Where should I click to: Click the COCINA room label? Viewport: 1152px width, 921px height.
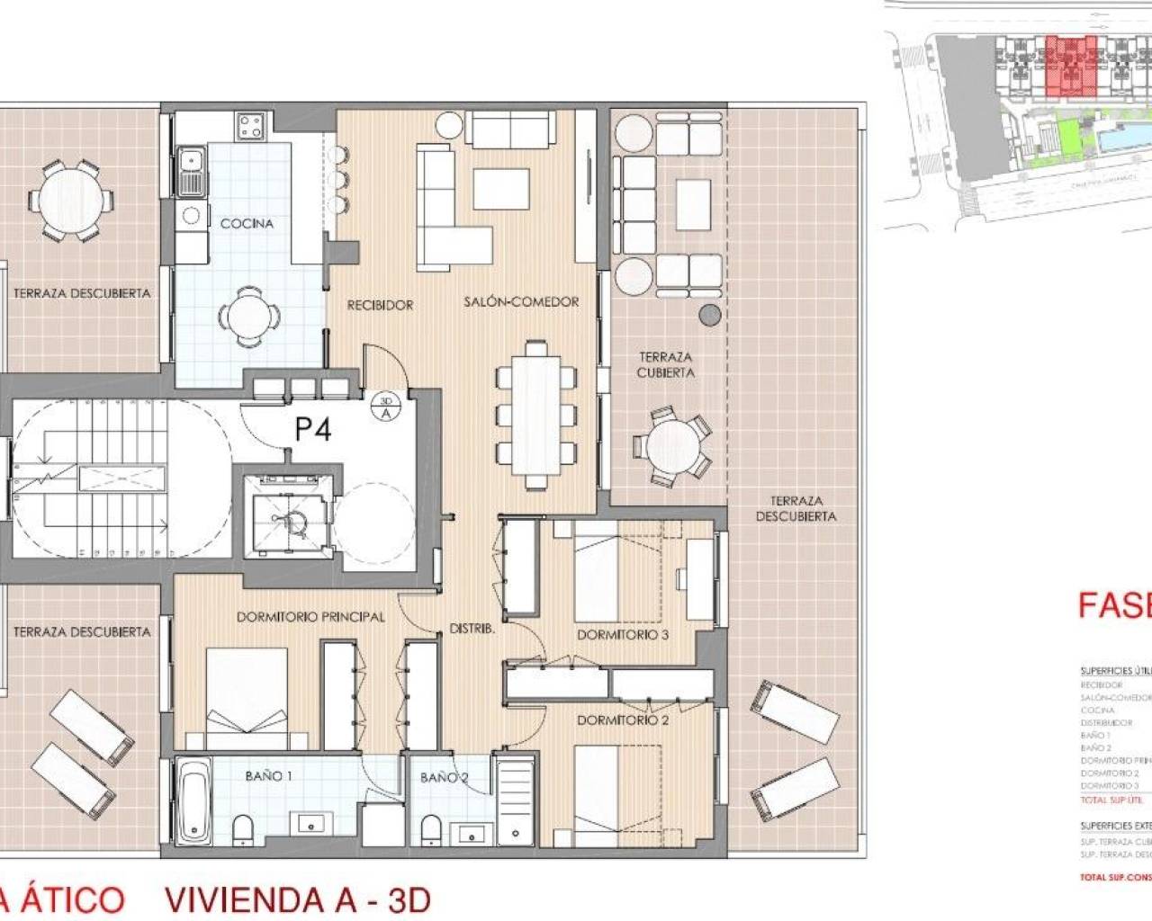[247, 223]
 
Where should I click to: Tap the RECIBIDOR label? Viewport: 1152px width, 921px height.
[380, 305]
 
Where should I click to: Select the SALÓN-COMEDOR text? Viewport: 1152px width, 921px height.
[521, 301]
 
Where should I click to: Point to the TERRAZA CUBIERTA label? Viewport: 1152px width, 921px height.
[665, 364]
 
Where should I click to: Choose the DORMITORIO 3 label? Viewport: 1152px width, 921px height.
[623, 634]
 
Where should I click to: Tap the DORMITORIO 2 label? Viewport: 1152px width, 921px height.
[623, 720]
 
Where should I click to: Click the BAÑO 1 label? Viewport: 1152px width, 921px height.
[268, 775]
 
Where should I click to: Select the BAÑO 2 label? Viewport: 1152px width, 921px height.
[444, 777]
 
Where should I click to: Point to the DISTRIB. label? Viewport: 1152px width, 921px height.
[472, 630]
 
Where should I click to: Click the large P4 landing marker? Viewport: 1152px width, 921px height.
[312, 430]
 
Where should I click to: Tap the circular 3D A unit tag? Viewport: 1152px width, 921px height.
[386, 407]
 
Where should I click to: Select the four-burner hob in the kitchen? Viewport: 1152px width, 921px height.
[250, 125]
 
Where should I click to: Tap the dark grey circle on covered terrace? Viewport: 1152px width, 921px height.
[710, 314]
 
